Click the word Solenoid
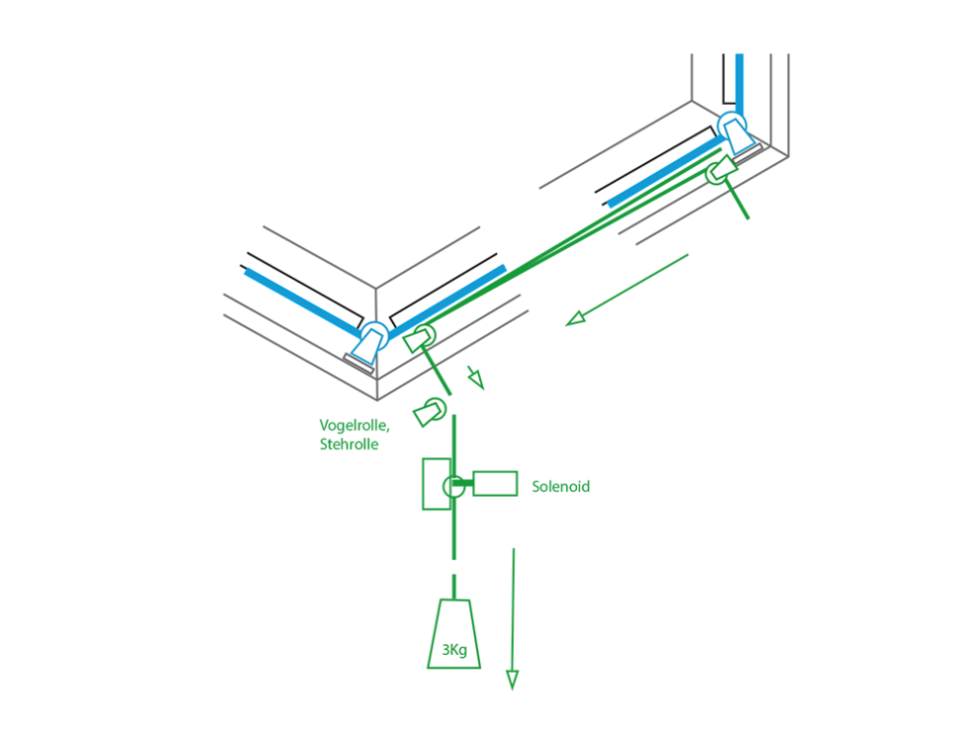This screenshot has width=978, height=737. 560,487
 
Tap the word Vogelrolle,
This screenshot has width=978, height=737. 354,425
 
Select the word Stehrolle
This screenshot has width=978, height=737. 349,445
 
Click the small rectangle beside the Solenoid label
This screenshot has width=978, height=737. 495,483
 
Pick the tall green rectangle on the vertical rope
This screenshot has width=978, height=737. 436,483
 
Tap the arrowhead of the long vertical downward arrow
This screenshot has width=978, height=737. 512,679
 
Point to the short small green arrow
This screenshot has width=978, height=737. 476,377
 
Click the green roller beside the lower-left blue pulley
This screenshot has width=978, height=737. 418,339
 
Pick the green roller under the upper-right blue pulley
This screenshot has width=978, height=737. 721,169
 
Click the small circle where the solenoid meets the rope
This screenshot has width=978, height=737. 452,486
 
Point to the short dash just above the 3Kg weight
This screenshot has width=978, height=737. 453,584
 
